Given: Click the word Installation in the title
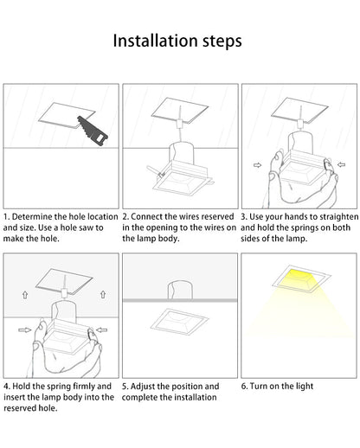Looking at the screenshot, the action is tap(156, 41).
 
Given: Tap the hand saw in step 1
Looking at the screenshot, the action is tap(93, 131).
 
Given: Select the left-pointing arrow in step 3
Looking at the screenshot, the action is tap(341, 164).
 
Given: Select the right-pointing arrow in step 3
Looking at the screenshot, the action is tap(257, 165).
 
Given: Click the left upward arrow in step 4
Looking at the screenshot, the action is tap(25, 295).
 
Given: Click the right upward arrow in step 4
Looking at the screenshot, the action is tap(103, 294).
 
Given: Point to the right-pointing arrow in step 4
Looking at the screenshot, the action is tap(25, 330).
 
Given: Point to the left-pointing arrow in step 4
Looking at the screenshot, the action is tap(101, 330).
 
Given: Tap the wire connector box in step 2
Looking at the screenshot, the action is tap(179, 124).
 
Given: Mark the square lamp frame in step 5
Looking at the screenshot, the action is tap(179, 322).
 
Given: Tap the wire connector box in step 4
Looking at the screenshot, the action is tap(64, 293).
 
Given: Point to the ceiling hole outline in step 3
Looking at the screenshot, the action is tap(299, 110).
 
